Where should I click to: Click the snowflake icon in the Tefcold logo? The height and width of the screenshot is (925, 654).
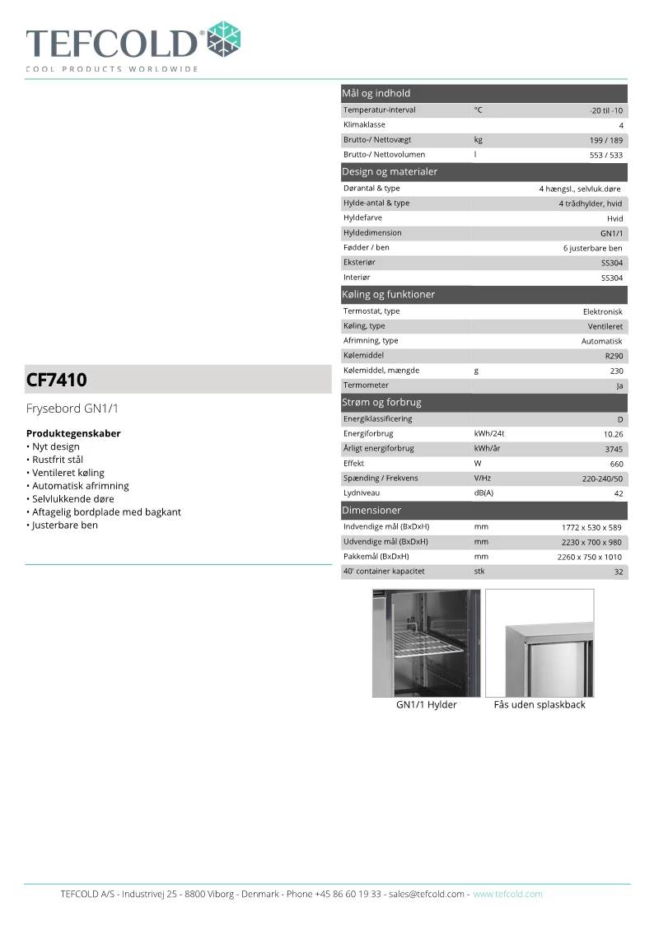pos(223,40)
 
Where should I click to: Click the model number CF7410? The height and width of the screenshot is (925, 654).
pos(57,380)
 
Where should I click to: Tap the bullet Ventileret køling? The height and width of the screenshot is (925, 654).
pos(68,473)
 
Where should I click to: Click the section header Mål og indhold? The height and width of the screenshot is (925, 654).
pos(376,93)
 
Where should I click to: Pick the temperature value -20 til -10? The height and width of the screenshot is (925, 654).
pos(605,110)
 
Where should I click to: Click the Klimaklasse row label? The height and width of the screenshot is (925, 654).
pos(364,124)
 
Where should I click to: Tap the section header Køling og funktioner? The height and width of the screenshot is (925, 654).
pos(388,294)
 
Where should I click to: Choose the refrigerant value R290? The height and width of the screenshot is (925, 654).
pos(614,356)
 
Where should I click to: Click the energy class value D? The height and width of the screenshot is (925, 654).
pos(619,419)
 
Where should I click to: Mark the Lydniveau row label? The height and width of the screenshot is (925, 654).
pos(362,493)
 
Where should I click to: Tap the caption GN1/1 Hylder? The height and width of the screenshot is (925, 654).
pos(426,705)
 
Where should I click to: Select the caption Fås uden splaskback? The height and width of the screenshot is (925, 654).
pos(540,705)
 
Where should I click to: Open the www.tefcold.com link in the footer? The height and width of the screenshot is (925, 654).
pos(507,894)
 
